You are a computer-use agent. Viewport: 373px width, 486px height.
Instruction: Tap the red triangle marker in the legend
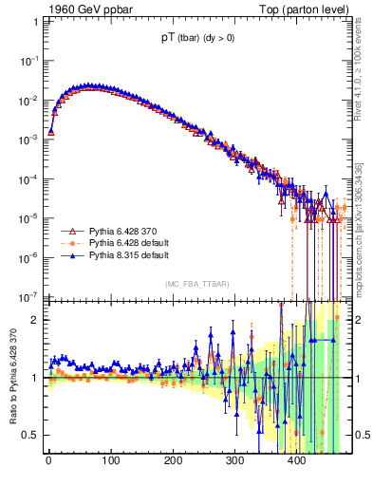[x=68, y=232]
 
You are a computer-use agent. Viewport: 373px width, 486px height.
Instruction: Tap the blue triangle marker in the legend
[x=68, y=256]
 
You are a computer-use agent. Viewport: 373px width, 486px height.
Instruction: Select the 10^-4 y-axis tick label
[x=28, y=178]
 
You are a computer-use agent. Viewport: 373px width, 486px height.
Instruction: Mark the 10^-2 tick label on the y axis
[x=28, y=100]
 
